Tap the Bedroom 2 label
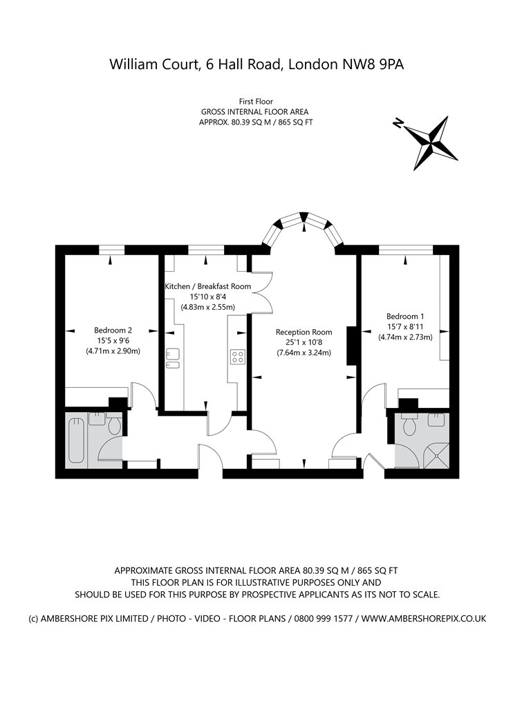[x=113, y=330]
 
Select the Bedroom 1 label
[x=405, y=316]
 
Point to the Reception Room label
[x=304, y=332]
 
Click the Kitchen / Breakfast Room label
[x=208, y=286]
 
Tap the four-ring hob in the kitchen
[x=238, y=357]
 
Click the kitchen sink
[x=173, y=358]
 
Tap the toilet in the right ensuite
[x=409, y=425]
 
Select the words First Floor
[x=256, y=102]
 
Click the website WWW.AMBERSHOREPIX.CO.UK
[x=424, y=618]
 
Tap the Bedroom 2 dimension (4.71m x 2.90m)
[x=113, y=351]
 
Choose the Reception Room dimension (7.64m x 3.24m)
[x=304, y=353]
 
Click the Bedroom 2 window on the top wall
[x=112, y=250]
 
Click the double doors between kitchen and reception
[x=261, y=292]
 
